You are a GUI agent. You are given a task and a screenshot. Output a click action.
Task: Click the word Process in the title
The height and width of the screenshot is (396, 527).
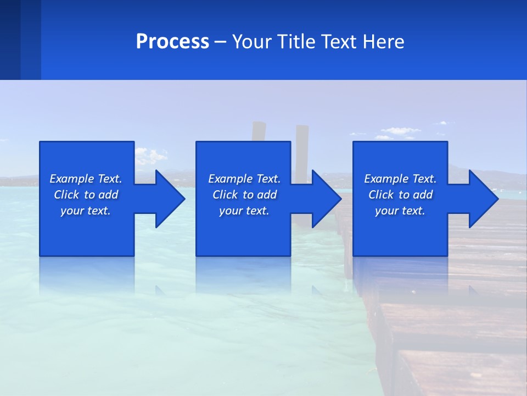[172, 42]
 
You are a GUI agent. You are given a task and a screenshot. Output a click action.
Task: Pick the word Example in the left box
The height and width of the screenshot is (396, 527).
[72, 179]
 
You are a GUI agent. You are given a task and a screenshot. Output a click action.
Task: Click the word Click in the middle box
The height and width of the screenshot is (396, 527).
[225, 195]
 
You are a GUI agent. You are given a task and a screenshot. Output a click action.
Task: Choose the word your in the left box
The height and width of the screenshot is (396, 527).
[71, 211]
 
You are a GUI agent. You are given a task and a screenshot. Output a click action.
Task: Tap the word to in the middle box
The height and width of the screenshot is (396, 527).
[249, 195]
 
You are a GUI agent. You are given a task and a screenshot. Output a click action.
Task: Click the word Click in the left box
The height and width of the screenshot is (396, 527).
[66, 195]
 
